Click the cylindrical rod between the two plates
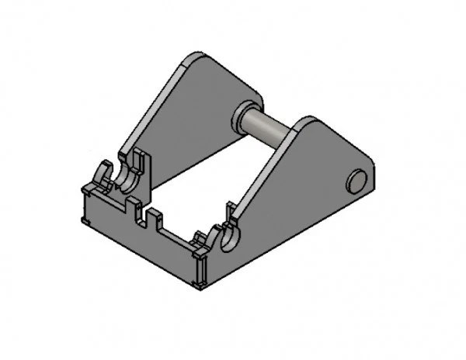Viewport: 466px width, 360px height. tap(272, 127)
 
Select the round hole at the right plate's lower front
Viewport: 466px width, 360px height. tap(231, 239)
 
